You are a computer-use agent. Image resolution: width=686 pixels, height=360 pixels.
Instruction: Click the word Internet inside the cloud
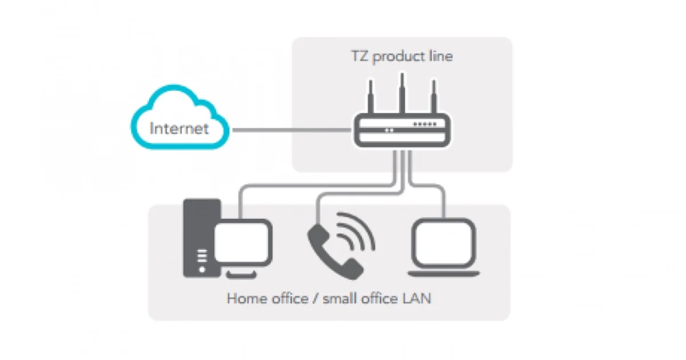179,128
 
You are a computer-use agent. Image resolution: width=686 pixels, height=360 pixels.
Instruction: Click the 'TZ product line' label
402,57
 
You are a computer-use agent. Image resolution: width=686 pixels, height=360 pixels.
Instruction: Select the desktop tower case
198,229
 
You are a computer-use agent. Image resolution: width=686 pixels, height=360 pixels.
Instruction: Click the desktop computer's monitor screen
244,242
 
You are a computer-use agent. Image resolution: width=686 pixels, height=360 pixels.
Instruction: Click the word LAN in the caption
416,298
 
